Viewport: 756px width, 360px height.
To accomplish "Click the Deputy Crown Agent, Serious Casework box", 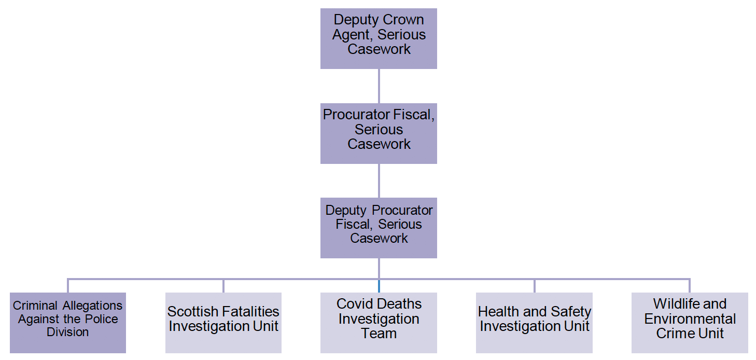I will (x=379, y=38).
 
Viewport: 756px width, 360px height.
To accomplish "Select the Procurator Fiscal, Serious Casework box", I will (x=379, y=133).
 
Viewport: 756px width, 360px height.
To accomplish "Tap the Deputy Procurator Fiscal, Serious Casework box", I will (x=379, y=228).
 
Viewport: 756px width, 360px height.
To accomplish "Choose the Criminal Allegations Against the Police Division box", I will (x=68, y=323).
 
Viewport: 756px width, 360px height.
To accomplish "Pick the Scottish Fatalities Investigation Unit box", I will (x=223, y=323).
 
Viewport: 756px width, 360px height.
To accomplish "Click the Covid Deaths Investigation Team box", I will (x=379, y=323).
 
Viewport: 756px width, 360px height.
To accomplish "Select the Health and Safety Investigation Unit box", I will (x=534, y=323).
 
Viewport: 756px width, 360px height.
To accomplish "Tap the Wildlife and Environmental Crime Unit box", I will (x=690, y=323).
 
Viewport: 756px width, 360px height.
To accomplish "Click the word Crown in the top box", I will (x=403, y=20).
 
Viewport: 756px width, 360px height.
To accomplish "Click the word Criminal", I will (x=35, y=306).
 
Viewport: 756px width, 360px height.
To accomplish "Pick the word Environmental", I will (x=690, y=319).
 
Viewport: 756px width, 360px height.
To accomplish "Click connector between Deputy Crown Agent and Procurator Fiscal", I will (x=379, y=86).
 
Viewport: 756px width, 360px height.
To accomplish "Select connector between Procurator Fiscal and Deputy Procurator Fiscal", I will (x=379, y=181).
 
